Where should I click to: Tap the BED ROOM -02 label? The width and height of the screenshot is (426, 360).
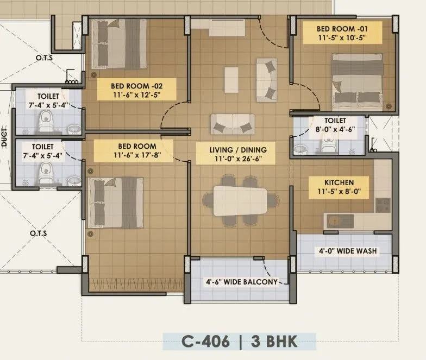136,85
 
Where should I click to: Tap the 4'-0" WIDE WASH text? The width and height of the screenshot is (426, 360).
347,251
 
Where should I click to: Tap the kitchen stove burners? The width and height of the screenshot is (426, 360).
383,205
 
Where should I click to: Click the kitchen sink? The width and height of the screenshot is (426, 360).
339,220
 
